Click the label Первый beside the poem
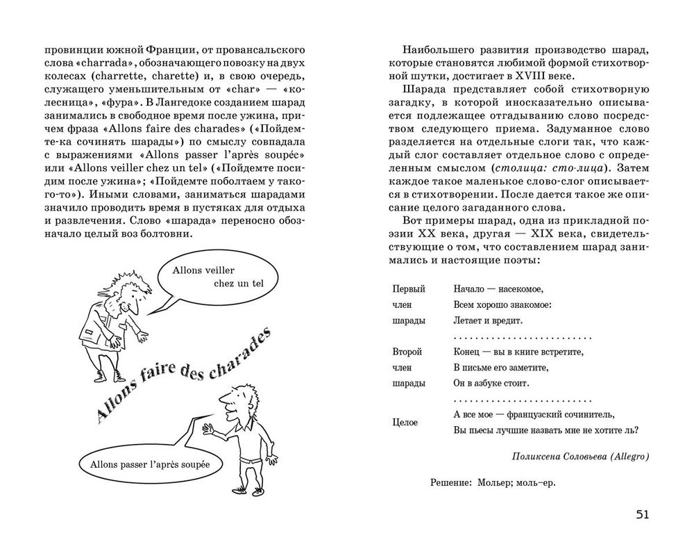point(409,288)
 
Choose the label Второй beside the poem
point(407,353)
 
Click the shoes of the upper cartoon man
point(108,376)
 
